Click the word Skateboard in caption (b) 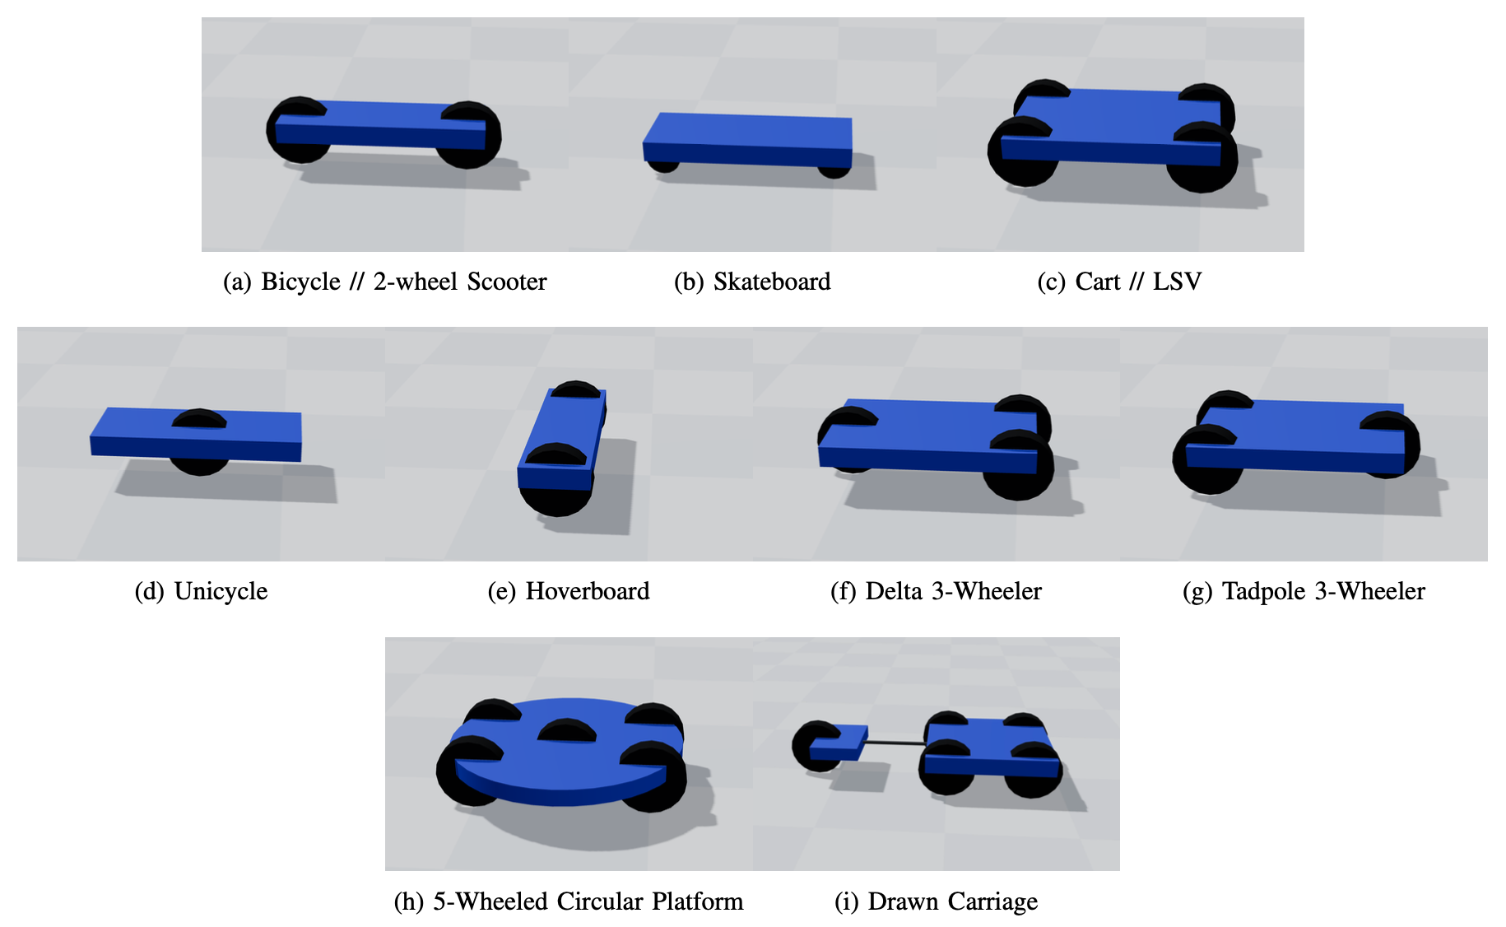coord(771,282)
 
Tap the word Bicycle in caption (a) coord(300,282)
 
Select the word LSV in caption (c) coord(1177,282)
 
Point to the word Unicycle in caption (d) coord(221,592)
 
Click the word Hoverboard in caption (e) coord(588,592)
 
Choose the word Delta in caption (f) coord(894,592)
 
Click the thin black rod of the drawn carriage coord(895,743)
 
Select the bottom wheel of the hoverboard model coord(555,498)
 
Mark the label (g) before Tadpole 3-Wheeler coord(1197,592)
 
